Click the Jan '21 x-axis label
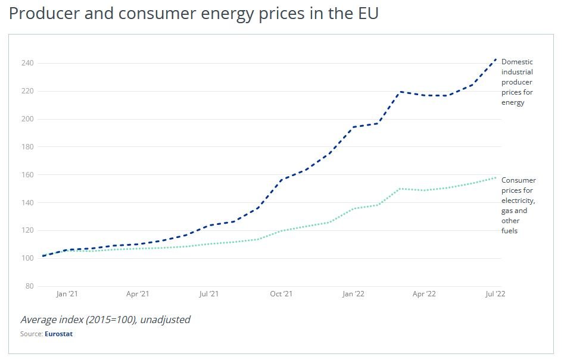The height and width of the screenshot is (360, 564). [67, 294]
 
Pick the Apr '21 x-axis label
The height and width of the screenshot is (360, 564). [138, 294]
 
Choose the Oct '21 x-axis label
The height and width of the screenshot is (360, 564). [281, 294]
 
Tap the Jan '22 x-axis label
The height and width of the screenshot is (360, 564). [353, 294]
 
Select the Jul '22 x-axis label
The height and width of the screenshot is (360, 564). [495, 294]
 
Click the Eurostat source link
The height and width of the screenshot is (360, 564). [58, 334]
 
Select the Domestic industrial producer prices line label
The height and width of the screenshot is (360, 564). [517, 82]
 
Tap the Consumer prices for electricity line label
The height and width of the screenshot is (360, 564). [518, 205]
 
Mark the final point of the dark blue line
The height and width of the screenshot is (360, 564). [496, 59]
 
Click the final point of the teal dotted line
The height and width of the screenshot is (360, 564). [496, 177]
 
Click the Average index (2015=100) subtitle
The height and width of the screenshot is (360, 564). [105, 320]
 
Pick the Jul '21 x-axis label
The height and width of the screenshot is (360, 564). [208, 294]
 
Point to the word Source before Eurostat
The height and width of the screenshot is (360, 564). [31, 334]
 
